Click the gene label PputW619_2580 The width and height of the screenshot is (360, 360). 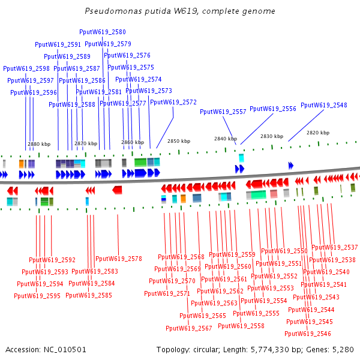point(103,32)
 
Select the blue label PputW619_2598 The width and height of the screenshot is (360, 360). point(26,68)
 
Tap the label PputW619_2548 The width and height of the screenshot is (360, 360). point(323,105)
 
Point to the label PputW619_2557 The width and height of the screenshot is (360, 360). point(223,112)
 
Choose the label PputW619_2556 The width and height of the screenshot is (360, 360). point(273,109)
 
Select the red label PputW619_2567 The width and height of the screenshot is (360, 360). point(189,328)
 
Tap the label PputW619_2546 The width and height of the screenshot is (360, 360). point(308,334)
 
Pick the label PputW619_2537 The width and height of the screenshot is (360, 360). point(334,247)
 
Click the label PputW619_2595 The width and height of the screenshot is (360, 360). point(37,296)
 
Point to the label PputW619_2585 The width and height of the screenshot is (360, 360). point(89,295)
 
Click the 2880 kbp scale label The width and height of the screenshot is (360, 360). point(39,144)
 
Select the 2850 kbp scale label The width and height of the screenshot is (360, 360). point(179,140)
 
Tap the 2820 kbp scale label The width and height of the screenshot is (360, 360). point(317,133)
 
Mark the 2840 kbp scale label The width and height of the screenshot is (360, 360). point(226,139)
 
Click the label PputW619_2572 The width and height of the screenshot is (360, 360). point(173,102)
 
